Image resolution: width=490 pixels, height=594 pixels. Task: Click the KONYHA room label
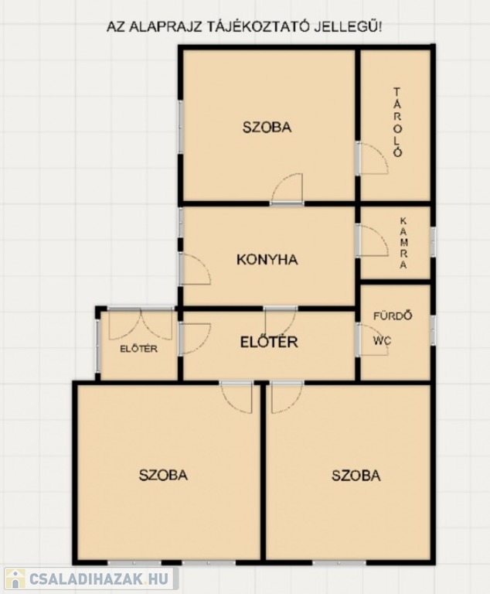coord(267,260)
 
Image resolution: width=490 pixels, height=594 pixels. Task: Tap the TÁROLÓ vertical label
coord(396,122)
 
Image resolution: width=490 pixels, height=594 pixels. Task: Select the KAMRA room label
coord(403,243)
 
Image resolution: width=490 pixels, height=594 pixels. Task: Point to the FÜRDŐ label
coord(393,316)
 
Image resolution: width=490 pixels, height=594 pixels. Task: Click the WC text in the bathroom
coord(382,340)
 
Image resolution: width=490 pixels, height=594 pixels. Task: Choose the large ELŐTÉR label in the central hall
coord(269,342)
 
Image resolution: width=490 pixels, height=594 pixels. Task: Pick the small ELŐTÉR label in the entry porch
coord(138,349)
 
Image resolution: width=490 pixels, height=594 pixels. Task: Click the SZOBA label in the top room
coord(267,128)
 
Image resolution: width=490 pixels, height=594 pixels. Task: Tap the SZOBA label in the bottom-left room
coord(163,475)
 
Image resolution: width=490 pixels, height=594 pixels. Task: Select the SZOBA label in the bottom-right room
coord(356,475)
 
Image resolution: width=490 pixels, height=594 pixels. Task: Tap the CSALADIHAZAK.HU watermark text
coord(98,579)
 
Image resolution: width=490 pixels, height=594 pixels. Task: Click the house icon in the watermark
coord(15,579)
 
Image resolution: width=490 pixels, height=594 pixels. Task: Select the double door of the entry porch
coord(141,324)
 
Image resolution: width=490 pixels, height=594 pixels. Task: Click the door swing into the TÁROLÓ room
coord(373,159)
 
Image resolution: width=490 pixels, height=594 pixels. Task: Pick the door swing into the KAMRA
coord(373,241)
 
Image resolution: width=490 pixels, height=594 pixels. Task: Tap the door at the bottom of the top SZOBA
coord(287,189)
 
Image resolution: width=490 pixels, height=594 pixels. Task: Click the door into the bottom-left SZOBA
coord(236,398)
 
